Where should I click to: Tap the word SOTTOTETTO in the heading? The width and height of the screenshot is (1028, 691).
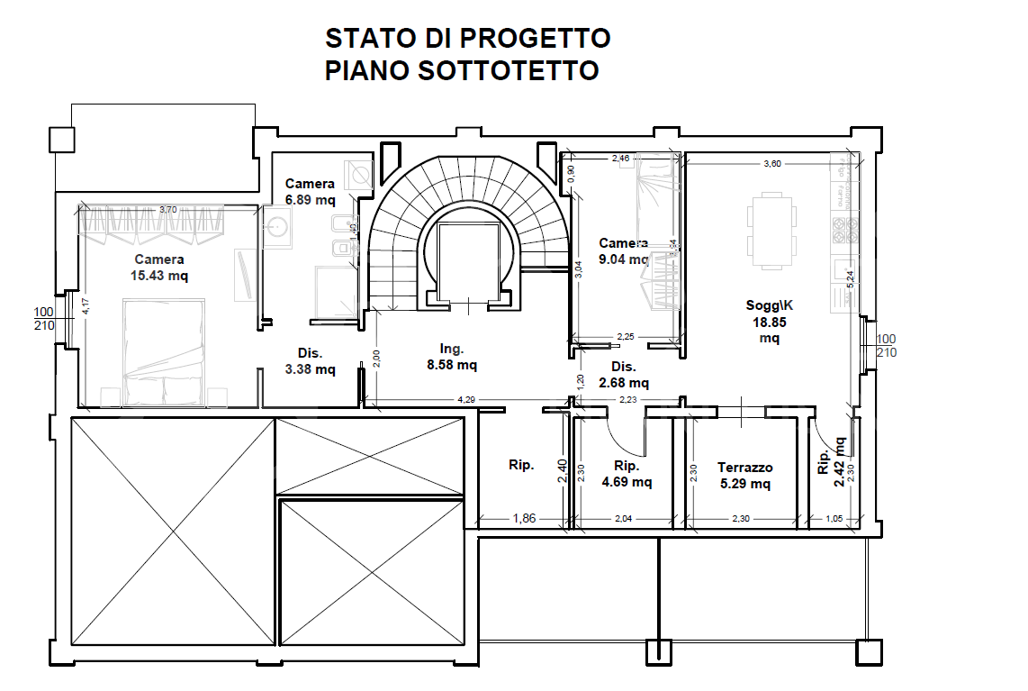(x=509, y=70)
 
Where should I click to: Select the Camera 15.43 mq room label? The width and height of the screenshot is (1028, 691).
(x=159, y=268)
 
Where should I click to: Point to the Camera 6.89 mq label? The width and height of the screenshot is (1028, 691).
(x=310, y=191)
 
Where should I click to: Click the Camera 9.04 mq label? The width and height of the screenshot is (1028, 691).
(x=623, y=251)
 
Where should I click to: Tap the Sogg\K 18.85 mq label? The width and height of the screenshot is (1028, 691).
(x=769, y=321)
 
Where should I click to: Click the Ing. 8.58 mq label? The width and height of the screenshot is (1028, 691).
(x=452, y=356)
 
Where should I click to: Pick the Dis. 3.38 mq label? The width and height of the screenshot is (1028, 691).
(x=311, y=360)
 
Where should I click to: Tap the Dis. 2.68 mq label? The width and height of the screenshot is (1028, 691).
(x=624, y=374)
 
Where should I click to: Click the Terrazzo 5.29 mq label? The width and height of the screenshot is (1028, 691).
(x=744, y=475)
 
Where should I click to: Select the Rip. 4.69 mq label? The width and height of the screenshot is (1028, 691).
(x=626, y=473)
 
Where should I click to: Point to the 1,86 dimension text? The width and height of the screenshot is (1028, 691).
(x=525, y=518)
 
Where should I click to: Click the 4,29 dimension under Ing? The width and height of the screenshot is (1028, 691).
(x=465, y=398)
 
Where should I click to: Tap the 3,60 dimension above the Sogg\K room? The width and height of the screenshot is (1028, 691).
(x=771, y=164)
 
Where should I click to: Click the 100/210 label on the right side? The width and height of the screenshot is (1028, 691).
(x=886, y=345)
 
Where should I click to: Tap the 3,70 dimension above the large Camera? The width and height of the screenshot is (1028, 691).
(x=167, y=209)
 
